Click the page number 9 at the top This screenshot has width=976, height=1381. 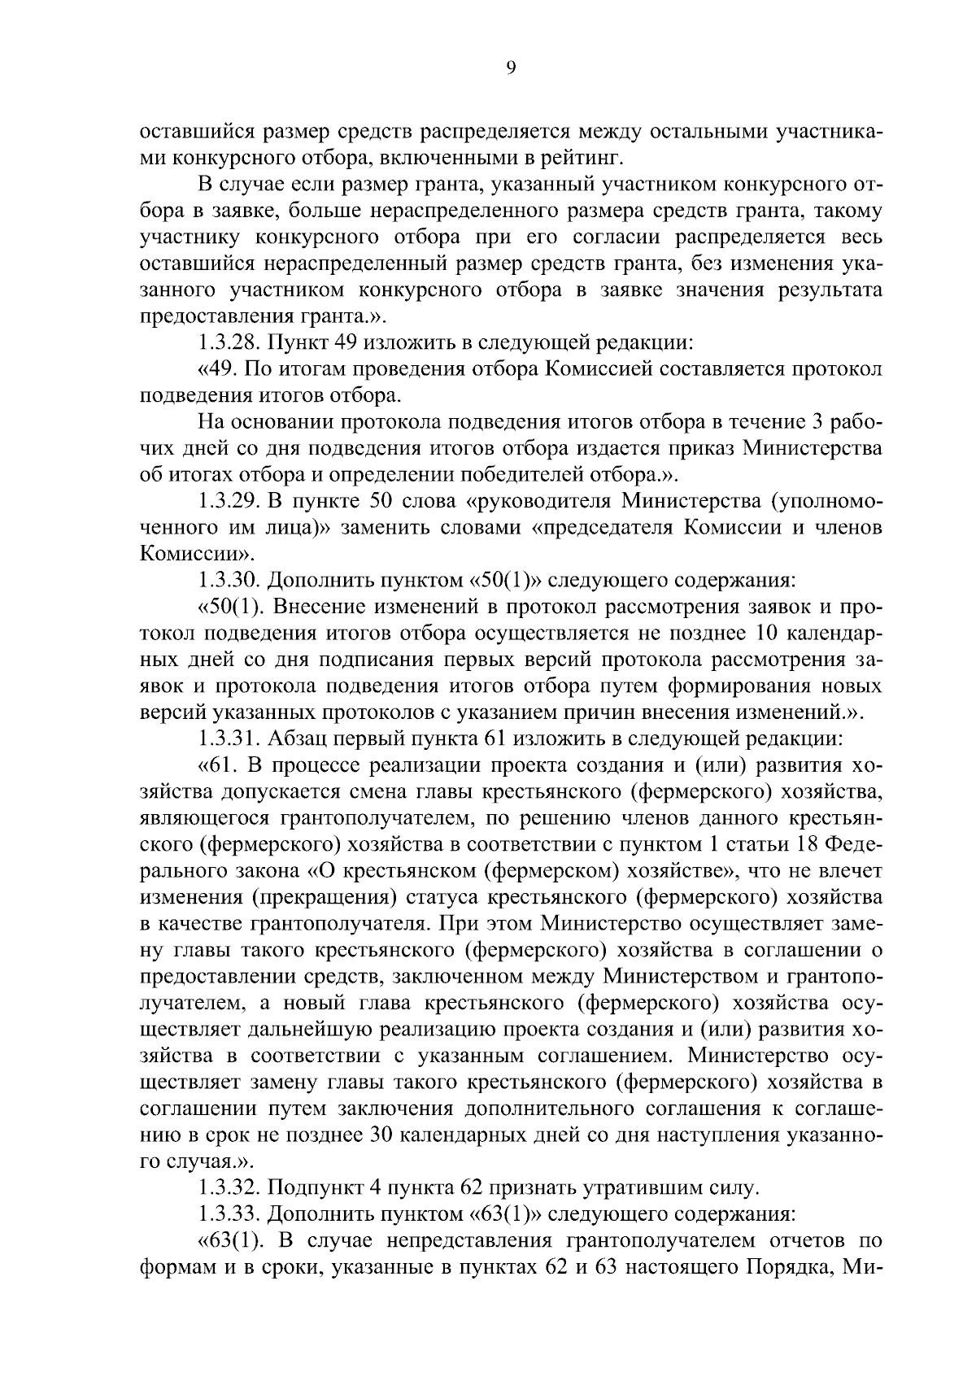point(510,68)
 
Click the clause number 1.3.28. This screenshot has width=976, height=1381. point(231,342)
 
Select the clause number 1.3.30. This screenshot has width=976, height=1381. point(231,580)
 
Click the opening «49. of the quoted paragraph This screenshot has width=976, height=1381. point(220,369)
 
